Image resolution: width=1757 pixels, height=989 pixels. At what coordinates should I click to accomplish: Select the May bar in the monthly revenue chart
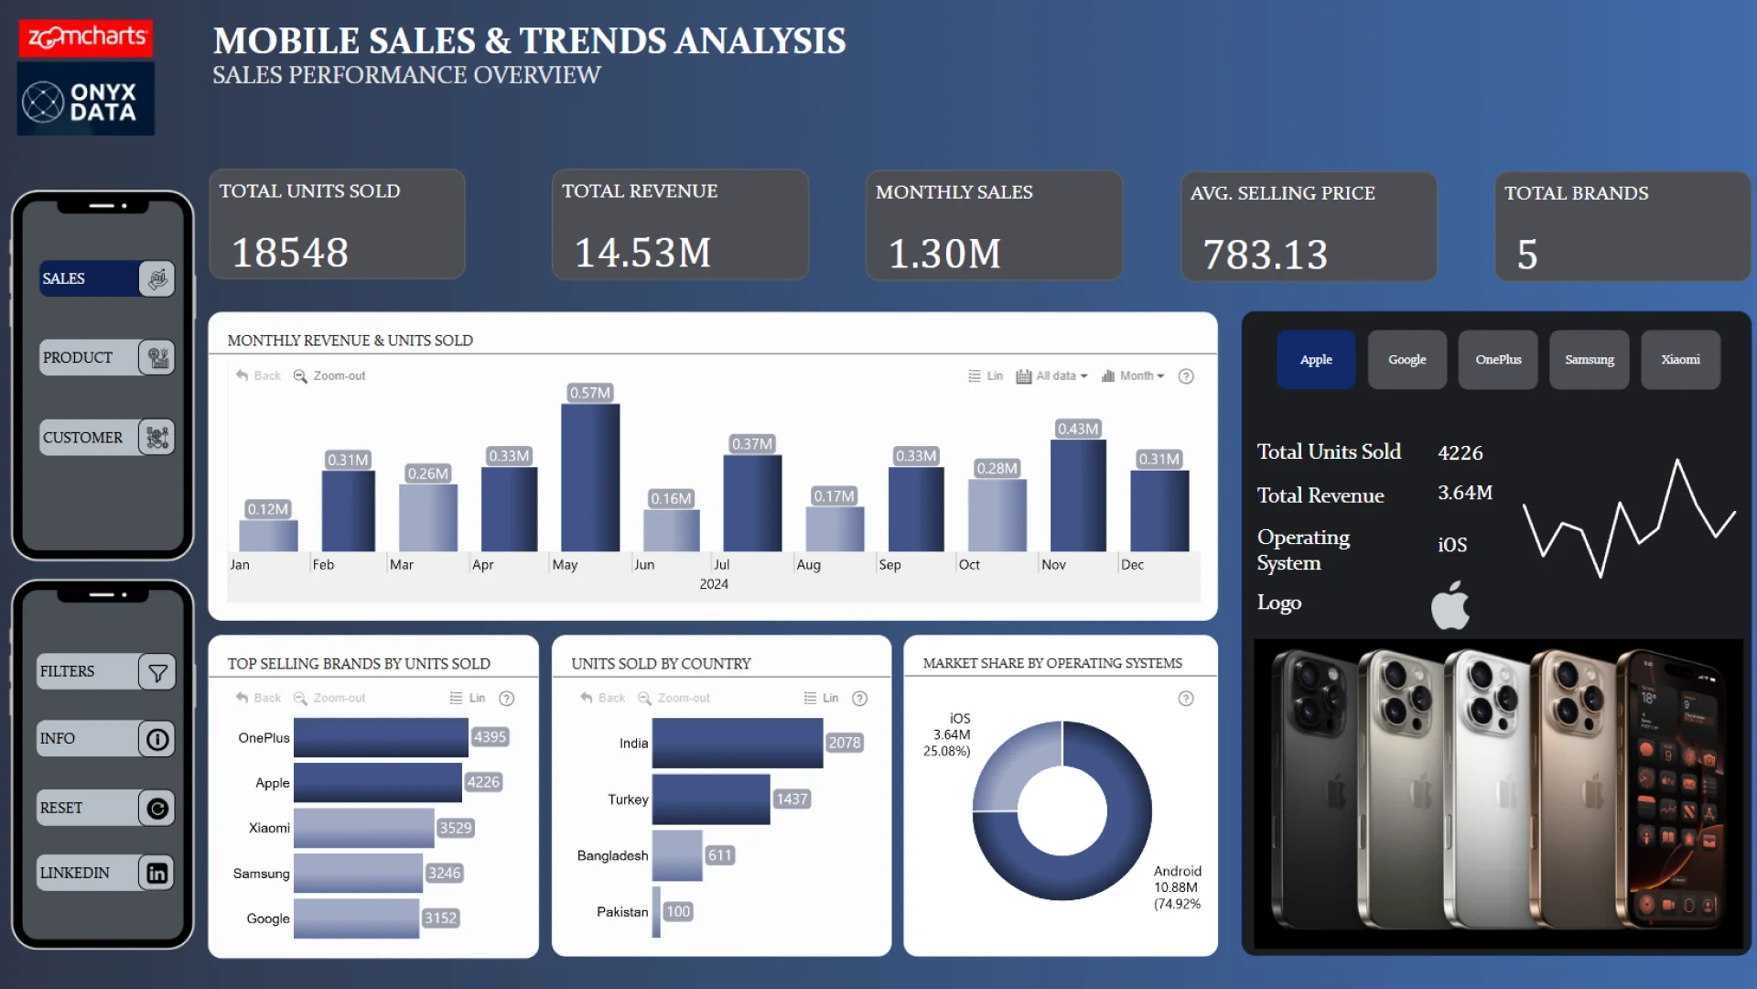(590, 476)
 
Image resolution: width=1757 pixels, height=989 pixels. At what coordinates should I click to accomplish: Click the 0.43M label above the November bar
(1078, 429)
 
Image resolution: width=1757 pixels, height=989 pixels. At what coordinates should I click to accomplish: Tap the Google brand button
(1407, 360)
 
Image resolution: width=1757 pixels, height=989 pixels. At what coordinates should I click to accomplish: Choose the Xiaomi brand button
(1680, 360)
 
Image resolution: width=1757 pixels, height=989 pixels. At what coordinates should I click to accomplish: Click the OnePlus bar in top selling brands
(381, 737)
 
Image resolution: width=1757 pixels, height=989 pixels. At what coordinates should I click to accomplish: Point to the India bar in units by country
(737, 743)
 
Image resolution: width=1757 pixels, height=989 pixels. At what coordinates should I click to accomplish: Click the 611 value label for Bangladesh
(720, 855)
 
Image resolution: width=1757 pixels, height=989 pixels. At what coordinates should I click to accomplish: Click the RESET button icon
(157, 809)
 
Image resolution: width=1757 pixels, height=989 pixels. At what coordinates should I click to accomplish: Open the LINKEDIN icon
(157, 873)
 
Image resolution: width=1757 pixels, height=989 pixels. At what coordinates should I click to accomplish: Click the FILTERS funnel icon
(157, 672)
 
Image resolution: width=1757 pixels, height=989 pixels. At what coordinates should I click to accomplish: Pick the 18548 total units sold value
(290, 253)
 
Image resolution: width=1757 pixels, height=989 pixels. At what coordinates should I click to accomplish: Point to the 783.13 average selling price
(1265, 255)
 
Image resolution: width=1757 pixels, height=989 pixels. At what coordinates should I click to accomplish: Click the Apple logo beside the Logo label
(1450, 605)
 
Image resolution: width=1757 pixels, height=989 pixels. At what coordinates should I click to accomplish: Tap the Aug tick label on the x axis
(808, 565)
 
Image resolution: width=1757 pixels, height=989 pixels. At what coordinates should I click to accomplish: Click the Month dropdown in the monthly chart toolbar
(1134, 375)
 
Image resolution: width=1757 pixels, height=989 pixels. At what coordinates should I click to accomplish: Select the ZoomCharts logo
(86, 38)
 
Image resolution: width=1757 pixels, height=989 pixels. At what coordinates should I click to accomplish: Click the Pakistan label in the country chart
(622, 912)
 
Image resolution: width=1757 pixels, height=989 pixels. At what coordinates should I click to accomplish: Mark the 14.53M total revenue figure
(642, 253)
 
